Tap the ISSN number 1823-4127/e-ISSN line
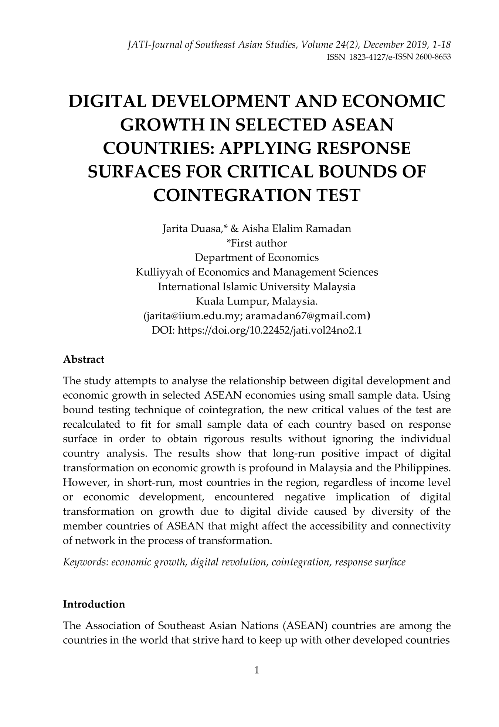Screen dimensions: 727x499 tap(389, 58)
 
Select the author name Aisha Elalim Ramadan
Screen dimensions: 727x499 tap(296, 229)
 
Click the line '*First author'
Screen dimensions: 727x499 tap(256, 243)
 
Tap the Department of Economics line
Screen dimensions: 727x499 tap(257, 258)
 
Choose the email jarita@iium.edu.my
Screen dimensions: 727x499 tap(193, 316)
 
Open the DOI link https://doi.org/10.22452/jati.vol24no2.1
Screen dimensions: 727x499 tap(270, 330)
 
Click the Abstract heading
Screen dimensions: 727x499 tap(84, 359)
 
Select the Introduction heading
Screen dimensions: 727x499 tap(94, 604)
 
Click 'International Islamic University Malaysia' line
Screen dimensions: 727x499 tap(257, 287)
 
